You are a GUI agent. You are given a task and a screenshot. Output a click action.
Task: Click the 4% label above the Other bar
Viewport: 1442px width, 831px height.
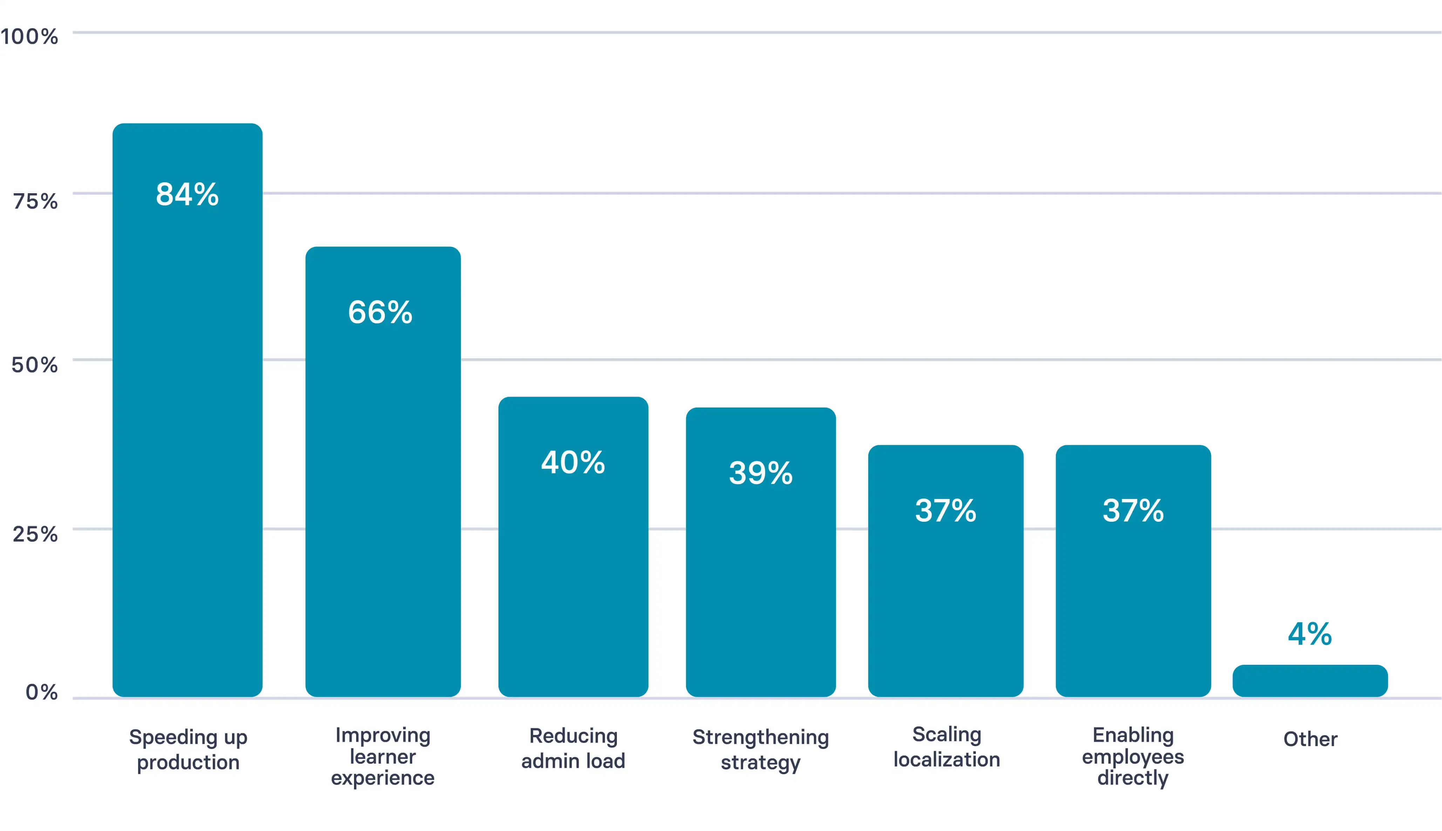tap(1310, 634)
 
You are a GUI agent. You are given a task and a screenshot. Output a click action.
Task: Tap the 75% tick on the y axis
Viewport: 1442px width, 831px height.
tap(35, 202)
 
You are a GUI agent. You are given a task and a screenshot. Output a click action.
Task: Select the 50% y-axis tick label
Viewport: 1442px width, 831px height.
tap(35, 365)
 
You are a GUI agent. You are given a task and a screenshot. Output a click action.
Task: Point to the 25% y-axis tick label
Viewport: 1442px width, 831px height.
tap(35, 535)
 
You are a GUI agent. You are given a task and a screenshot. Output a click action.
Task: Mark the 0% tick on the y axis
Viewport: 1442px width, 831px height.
tap(42, 692)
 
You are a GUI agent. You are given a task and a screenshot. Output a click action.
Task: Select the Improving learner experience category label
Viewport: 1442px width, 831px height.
tap(383, 756)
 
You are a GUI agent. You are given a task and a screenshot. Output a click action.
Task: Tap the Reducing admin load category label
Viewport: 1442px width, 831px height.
tap(573, 748)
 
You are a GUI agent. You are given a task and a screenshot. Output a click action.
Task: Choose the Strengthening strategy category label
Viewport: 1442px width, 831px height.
tap(760, 749)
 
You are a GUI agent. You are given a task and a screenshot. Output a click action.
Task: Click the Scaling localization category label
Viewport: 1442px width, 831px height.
tap(946, 747)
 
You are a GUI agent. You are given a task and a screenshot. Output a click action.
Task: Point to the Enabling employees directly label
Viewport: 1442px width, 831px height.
tap(1133, 756)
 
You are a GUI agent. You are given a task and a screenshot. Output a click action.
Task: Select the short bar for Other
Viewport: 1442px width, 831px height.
tap(1310, 681)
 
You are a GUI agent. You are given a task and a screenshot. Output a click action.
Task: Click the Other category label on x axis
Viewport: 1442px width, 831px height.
tap(1310, 739)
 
